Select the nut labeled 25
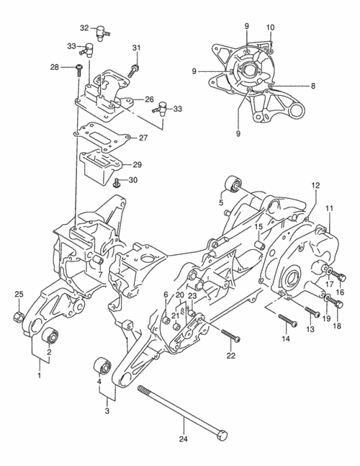pyautogui.click(x=18, y=316)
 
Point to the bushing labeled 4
pyautogui.click(x=102, y=366)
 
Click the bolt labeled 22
pyautogui.click(x=230, y=335)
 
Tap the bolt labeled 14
pyautogui.click(x=287, y=320)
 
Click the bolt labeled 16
pyautogui.click(x=338, y=275)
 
